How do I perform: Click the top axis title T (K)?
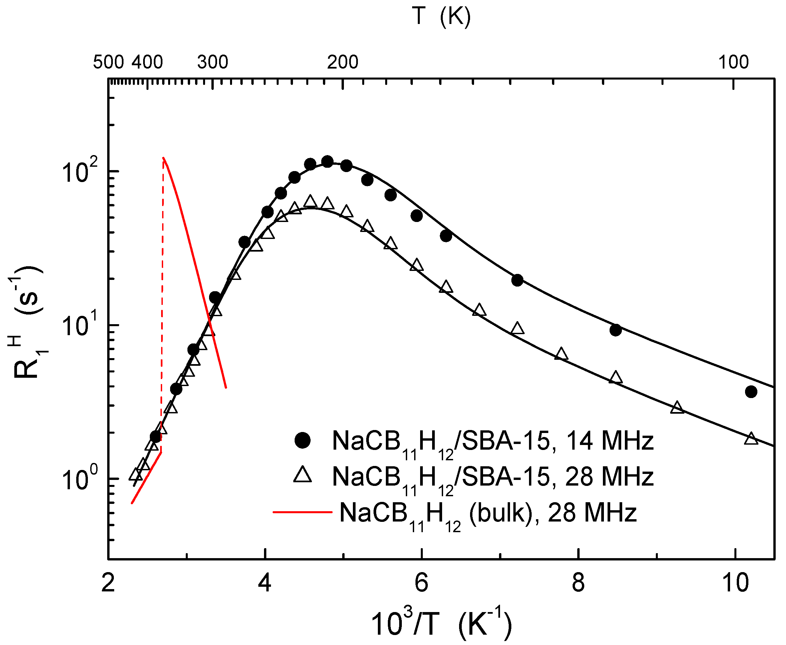click(441, 17)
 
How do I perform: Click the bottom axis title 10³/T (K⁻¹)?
click(441, 623)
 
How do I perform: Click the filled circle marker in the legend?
click(303, 441)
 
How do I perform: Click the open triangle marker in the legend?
click(303, 476)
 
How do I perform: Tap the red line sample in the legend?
click(303, 512)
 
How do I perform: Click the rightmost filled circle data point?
click(751, 392)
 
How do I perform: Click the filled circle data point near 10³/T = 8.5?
click(616, 330)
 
